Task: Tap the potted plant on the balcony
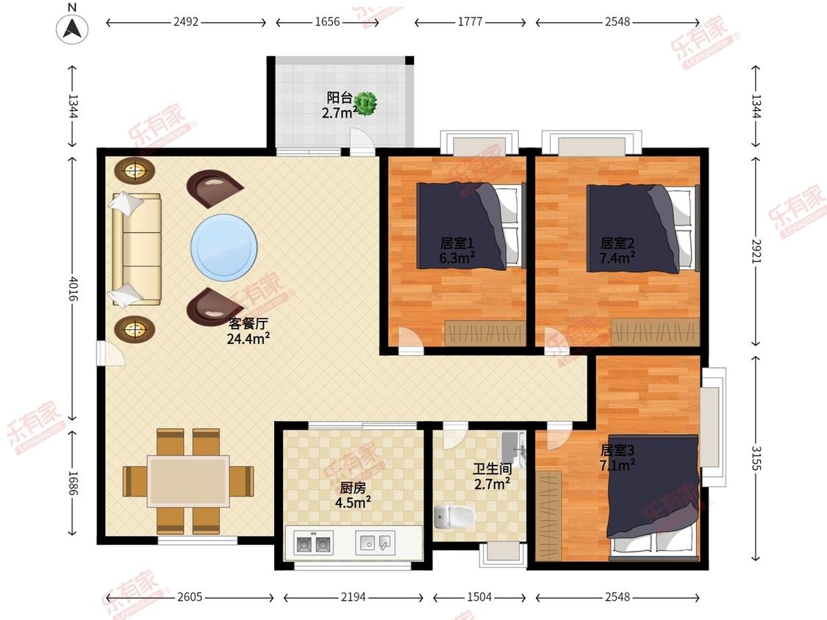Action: [365, 104]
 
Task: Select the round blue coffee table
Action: [224, 248]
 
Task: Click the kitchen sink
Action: [374, 542]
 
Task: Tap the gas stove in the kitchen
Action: [314, 542]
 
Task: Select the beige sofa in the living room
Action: [136, 249]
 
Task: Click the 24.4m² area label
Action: [248, 339]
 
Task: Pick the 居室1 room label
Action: [457, 243]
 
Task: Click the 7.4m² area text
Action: [617, 258]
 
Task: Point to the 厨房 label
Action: [353, 489]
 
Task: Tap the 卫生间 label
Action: [492, 469]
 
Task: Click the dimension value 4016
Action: [73, 289]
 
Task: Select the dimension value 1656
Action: [327, 21]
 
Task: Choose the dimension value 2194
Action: [353, 596]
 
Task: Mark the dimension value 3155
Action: [756, 458]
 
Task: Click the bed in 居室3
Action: [654, 497]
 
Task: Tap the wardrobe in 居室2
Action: [656, 332]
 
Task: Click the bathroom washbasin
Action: [513, 449]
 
